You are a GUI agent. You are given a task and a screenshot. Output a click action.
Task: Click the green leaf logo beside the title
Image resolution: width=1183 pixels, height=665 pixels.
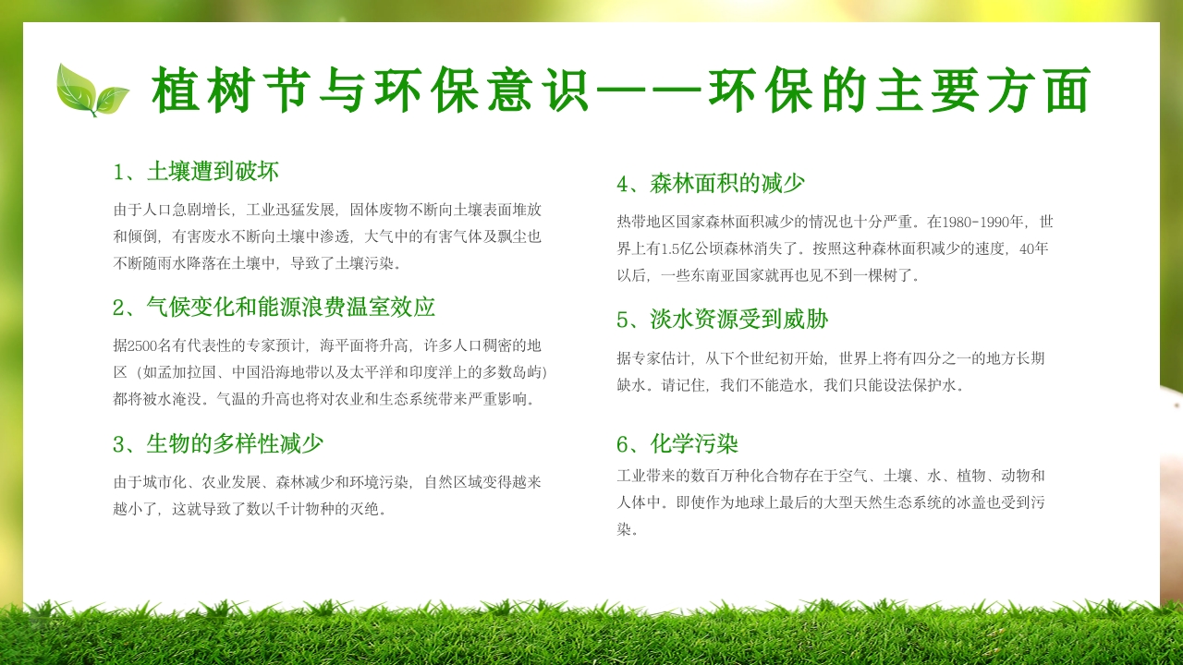point(91,90)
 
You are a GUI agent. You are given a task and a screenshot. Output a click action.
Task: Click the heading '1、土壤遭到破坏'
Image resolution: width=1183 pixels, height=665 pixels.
point(196,172)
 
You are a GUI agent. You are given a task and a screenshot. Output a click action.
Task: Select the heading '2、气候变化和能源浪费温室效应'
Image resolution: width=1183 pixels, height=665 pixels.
point(274,308)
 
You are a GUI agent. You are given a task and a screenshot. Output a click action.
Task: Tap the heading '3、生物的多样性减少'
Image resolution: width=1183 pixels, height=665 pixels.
point(218,444)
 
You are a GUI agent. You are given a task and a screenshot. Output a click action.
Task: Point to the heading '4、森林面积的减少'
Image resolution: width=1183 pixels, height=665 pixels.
point(711,184)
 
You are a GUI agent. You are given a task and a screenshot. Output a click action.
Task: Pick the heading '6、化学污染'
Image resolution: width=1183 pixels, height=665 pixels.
point(677,444)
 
